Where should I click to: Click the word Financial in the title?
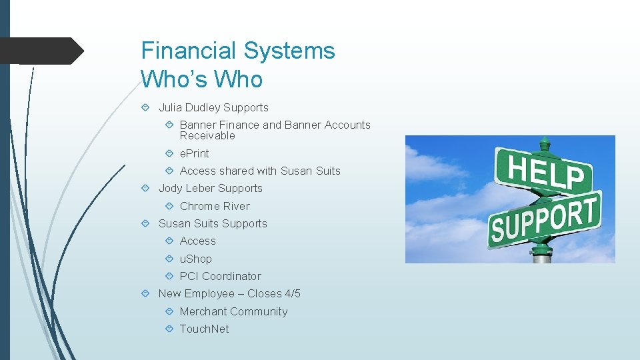point(189,51)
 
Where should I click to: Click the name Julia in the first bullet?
point(170,107)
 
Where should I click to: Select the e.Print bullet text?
point(194,153)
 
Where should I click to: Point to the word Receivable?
point(207,136)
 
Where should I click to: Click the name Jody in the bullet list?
point(170,188)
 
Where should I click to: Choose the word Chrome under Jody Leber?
point(197,206)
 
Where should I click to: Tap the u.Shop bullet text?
point(195,259)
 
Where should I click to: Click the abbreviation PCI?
point(189,276)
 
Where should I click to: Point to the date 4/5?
point(293,293)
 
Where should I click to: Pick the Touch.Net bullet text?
point(204,329)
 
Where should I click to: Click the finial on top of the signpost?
point(545,143)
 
